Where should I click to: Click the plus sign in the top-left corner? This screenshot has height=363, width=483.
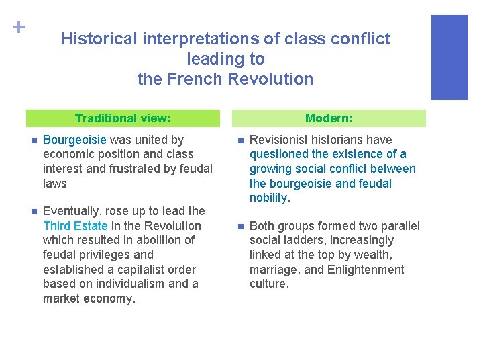pos(18,27)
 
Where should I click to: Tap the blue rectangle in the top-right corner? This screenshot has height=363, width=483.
pos(449,57)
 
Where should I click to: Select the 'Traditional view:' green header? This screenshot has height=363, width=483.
pos(123,118)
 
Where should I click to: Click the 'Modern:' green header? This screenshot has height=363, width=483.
pos(329,118)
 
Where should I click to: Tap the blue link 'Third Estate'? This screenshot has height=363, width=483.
pos(74,226)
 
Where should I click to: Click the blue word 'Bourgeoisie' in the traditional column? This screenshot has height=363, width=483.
pos(74,140)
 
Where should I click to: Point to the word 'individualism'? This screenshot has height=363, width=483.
pos(119,284)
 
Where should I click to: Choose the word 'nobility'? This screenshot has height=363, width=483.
pos(268,198)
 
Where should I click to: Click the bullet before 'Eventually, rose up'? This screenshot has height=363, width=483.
pos(31,212)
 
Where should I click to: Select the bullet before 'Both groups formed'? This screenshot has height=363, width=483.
pos(238,227)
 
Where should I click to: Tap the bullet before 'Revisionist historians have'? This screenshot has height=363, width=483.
pos(238,140)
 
